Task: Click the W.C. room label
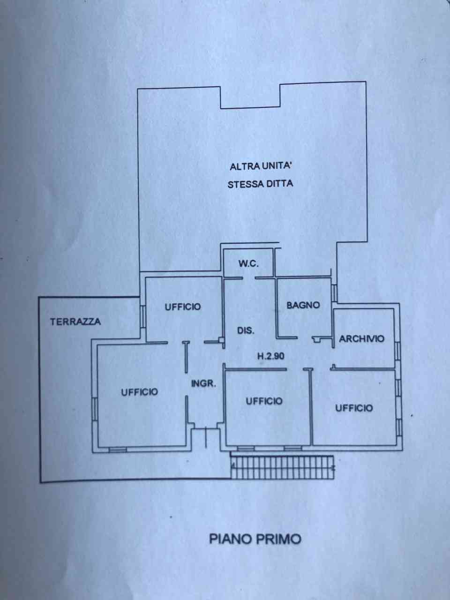point(248,263)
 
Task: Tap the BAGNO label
point(303,305)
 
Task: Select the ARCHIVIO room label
point(361,339)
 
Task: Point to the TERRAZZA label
point(75,322)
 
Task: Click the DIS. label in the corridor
point(246,331)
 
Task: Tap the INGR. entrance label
point(203,383)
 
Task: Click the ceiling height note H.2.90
point(271,356)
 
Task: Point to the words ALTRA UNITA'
point(260,166)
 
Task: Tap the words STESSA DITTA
point(260,184)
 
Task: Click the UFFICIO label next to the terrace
point(183,307)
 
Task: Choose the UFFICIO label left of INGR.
point(139,392)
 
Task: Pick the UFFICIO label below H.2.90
point(264,401)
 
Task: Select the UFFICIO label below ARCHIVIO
point(354,408)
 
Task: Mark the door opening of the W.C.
point(249,278)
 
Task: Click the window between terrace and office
point(142,316)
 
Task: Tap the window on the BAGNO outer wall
point(334,293)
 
